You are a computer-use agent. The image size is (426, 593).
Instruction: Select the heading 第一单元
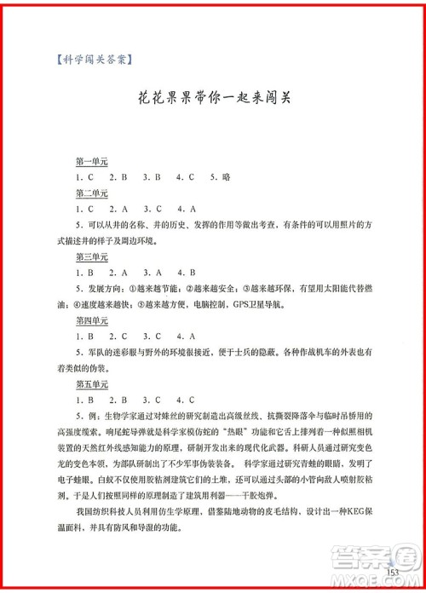coord(91,162)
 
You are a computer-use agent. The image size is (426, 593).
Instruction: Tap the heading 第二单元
coord(91,193)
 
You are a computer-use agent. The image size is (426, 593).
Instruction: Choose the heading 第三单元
coord(91,256)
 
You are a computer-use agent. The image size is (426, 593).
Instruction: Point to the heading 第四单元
coord(91,320)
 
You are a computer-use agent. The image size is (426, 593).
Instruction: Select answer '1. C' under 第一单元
coord(84,177)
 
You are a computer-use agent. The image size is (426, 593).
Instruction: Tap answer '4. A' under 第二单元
coord(187,209)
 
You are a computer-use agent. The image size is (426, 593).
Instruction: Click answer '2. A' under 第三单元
coord(118,273)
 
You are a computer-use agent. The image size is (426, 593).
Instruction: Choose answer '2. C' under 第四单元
coord(118,336)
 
